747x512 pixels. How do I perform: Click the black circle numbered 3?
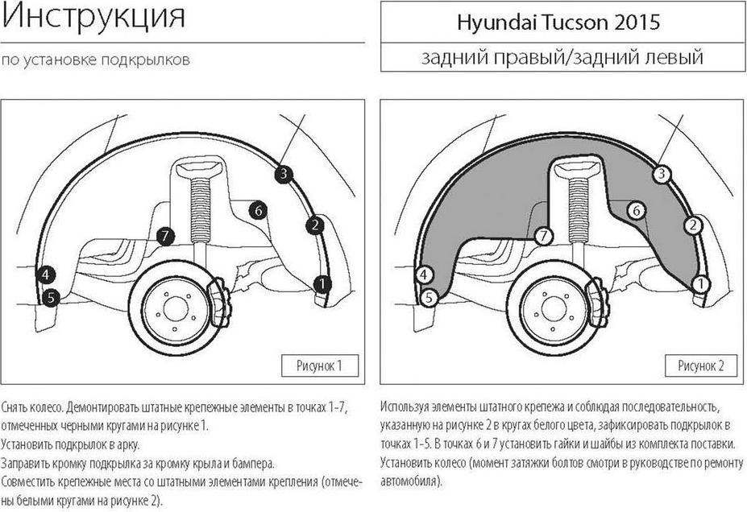tap(284, 174)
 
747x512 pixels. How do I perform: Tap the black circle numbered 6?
tap(258, 210)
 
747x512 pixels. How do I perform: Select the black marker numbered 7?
tap(165, 236)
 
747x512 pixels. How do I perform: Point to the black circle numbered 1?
tap(322, 284)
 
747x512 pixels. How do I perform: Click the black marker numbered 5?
tap(51, 299)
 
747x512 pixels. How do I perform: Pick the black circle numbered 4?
tap(46, 275)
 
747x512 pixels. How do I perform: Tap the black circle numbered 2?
tap(315, 225)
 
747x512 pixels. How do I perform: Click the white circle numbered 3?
tap(662, 174)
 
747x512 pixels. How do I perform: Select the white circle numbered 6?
tap(636, 210)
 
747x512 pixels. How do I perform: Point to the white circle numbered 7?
tap(544, 236)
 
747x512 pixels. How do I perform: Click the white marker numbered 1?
tap(700, 284)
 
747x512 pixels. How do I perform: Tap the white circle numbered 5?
tap(429, 299)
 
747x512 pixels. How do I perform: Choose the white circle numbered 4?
tap(424, 275)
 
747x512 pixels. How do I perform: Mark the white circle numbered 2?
tap(693, 225)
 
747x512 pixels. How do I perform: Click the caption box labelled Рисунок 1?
tap(320, 365)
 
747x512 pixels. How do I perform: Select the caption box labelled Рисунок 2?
tap(701, 365)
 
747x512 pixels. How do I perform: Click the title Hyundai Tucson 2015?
tap(558, 23)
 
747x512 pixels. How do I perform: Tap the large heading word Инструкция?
tap(93, 17)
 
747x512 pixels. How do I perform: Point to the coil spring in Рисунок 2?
tap(579, 210)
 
